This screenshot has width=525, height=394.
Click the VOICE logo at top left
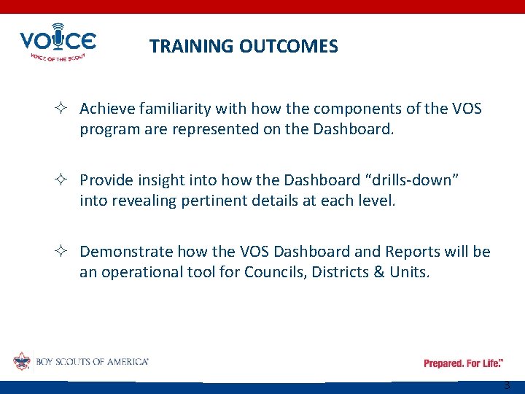[x=57, y=43]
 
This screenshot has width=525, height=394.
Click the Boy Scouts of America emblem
[x=21, y=361]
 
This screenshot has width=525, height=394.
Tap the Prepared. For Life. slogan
[x=463, y=363]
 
